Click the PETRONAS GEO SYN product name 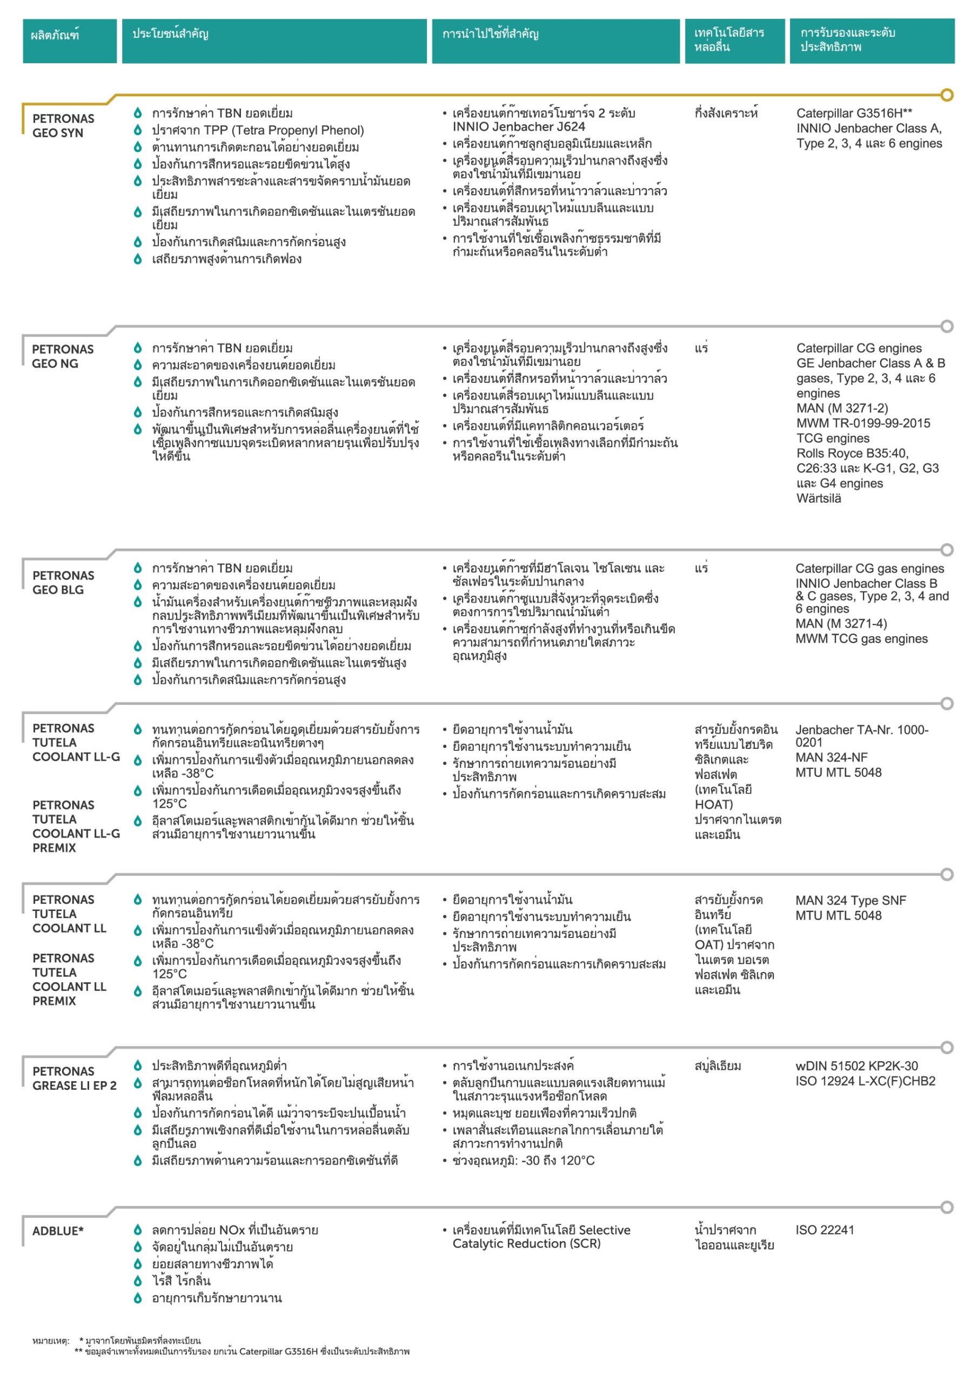(x=63, y=125)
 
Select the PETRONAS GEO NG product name (x=63, y=356)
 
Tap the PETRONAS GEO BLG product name (x=63, y=582)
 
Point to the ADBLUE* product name (x=58, y=1231)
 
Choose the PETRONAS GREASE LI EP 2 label (x=74, y=1078)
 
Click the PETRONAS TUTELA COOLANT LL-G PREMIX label (x=76, y=826)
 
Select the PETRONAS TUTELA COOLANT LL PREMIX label (x=69, y=979)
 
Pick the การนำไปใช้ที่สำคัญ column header (x=490, y=34)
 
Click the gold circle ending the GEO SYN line (x=947, y=95)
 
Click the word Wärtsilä (x=818, y=498)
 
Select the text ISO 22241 (x=825, y=1230)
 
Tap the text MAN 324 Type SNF (x=850, y=901)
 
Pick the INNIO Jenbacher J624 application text (x=518, y=127)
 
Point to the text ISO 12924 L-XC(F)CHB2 (x=865, y=1081)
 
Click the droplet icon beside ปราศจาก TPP (x=137, y=130)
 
